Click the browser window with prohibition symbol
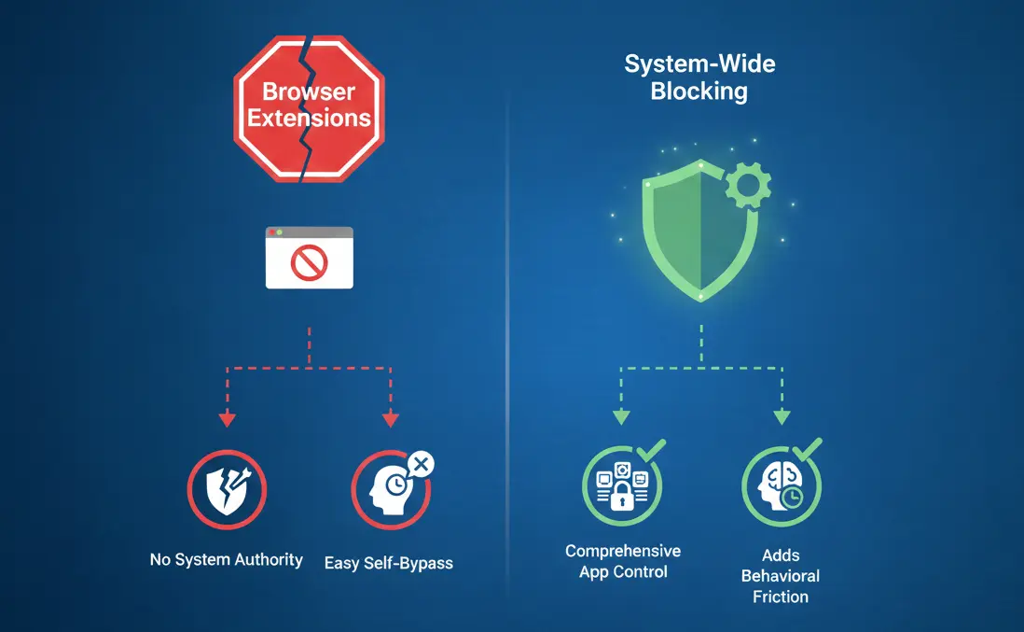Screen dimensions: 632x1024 [309, 257]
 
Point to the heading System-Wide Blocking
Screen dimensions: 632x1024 [699, 77]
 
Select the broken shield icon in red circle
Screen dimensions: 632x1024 [227, 492]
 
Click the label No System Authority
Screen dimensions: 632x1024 [227, 560]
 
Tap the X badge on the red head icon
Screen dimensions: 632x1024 [422, 463]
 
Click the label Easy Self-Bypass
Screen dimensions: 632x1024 [389, 563]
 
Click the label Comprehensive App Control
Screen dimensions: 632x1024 [623, 561]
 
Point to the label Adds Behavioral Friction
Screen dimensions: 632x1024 [781, 576]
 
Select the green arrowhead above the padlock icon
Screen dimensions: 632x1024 [618, 417]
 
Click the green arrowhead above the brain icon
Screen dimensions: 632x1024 [782, 417]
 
